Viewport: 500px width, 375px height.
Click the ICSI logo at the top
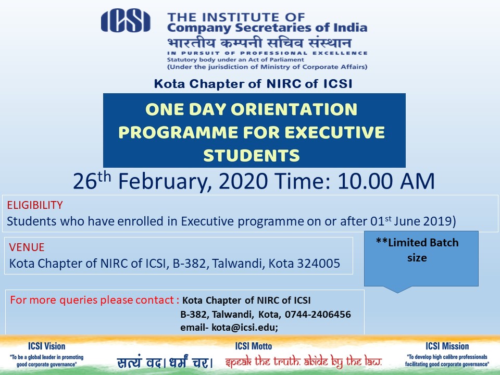(x=126, y=21)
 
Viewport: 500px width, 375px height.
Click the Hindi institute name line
(x=259, y=43)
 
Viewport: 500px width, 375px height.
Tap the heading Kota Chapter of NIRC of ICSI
(x=253, y=84)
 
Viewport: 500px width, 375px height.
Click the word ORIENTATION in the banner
(x=294, y=109)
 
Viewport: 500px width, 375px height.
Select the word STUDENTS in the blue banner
(x=252, y=156)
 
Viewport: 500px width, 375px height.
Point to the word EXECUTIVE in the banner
(x=334, y=132)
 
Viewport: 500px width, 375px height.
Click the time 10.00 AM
(x=386, y=181)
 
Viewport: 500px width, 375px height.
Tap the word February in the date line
(x=165, y=181)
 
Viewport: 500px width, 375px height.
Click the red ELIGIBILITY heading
(x=35, y=205)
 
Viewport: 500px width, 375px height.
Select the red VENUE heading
(x=27, y=247)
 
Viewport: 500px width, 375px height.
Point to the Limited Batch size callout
(x=421, y=259)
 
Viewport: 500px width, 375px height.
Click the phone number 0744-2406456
(x=318, y=315)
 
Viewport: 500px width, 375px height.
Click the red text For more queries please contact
(x=93, y=300)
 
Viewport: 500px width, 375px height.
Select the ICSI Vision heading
(x=46, y=346)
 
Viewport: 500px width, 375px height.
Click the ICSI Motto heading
(x=254, y=346)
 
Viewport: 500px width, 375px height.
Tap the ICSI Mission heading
(x=447, y=346)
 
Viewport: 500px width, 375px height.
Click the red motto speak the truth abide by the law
(x=303, y=362)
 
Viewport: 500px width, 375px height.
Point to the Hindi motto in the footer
(x=165, y=362)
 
